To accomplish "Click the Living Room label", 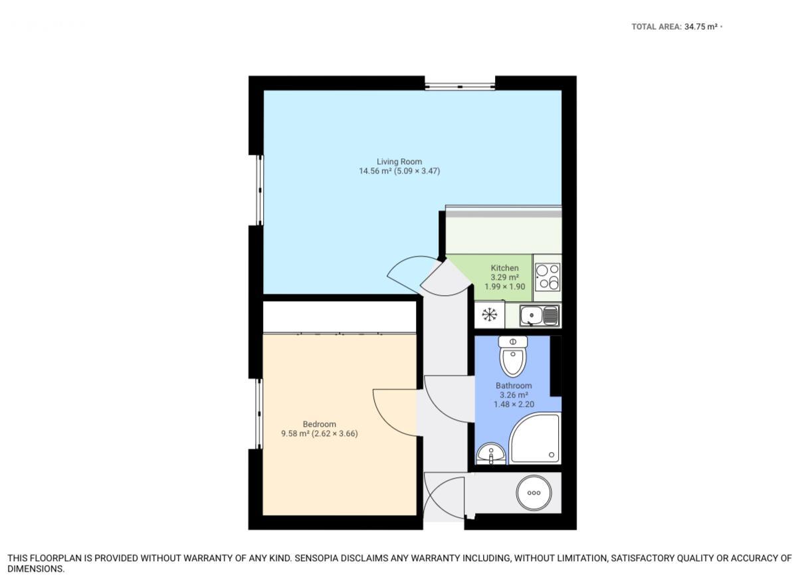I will point(399,162).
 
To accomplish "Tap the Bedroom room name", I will point(319,424).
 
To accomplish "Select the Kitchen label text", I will point(504,268).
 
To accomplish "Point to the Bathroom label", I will point(514,386).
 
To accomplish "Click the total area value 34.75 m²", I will point(701,27).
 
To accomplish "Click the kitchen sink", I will point(540,316).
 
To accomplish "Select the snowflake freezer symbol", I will point(489,315).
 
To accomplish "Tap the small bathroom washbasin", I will point(491,454).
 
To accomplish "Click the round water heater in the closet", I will point(534,493).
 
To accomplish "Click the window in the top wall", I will point(460,86).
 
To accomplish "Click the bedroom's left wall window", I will point(260,413).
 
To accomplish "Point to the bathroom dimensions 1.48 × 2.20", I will point(514,404).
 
